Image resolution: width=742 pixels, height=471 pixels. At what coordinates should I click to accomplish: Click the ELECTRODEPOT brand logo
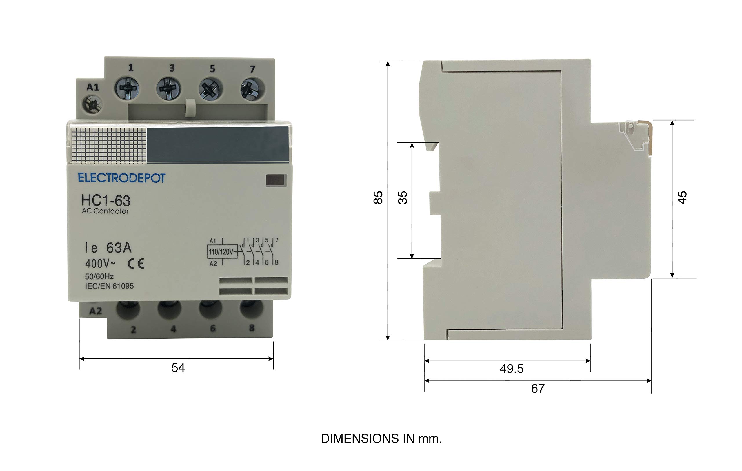121,178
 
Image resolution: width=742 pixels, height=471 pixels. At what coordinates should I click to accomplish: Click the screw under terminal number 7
252,89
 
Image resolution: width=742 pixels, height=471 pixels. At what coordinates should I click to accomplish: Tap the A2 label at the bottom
95,311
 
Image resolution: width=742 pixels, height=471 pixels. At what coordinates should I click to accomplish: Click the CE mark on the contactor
136,264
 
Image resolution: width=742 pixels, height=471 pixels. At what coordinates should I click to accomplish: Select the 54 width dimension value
178,368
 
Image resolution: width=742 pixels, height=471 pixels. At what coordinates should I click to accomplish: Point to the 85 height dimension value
378,198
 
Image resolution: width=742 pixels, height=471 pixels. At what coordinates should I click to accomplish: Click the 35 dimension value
403,198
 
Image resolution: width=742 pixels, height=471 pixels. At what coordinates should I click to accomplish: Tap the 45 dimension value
683,198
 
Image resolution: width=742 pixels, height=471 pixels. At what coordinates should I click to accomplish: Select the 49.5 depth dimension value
512,369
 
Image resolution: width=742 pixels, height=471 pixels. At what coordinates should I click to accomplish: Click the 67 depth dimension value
538,389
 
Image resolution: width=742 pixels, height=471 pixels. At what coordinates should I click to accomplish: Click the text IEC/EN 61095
109,286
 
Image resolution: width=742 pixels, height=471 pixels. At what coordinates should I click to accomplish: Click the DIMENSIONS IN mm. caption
381,439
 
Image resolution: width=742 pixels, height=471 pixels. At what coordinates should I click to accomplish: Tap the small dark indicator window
276,180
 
